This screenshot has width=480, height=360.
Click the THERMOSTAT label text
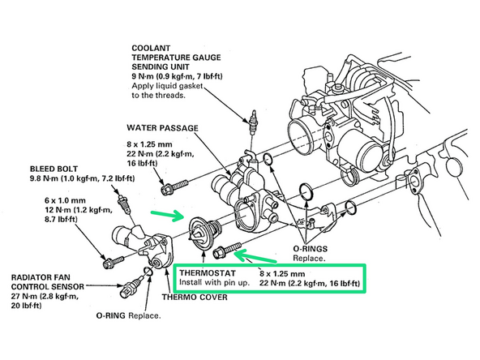208,272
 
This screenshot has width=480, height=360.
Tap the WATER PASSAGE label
162,128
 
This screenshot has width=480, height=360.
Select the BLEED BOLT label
54,169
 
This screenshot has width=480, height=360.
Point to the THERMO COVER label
195,298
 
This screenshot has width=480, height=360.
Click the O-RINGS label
310,249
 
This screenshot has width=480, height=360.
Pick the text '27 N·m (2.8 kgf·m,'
45,296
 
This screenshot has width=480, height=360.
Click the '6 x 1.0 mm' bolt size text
65,200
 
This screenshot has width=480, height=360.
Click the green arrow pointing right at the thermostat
168,215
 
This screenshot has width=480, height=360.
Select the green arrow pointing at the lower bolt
255,257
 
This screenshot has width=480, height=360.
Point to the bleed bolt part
122,204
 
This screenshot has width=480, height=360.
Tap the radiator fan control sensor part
131,286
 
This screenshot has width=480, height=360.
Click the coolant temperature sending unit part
254,122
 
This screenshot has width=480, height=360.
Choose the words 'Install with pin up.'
214,282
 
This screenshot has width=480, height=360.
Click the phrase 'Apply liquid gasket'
167,86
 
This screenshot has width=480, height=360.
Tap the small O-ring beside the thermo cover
148,271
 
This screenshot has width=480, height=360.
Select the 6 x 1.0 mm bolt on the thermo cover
114,262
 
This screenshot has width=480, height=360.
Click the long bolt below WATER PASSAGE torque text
174,187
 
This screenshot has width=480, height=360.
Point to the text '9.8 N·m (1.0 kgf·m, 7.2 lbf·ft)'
82,178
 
